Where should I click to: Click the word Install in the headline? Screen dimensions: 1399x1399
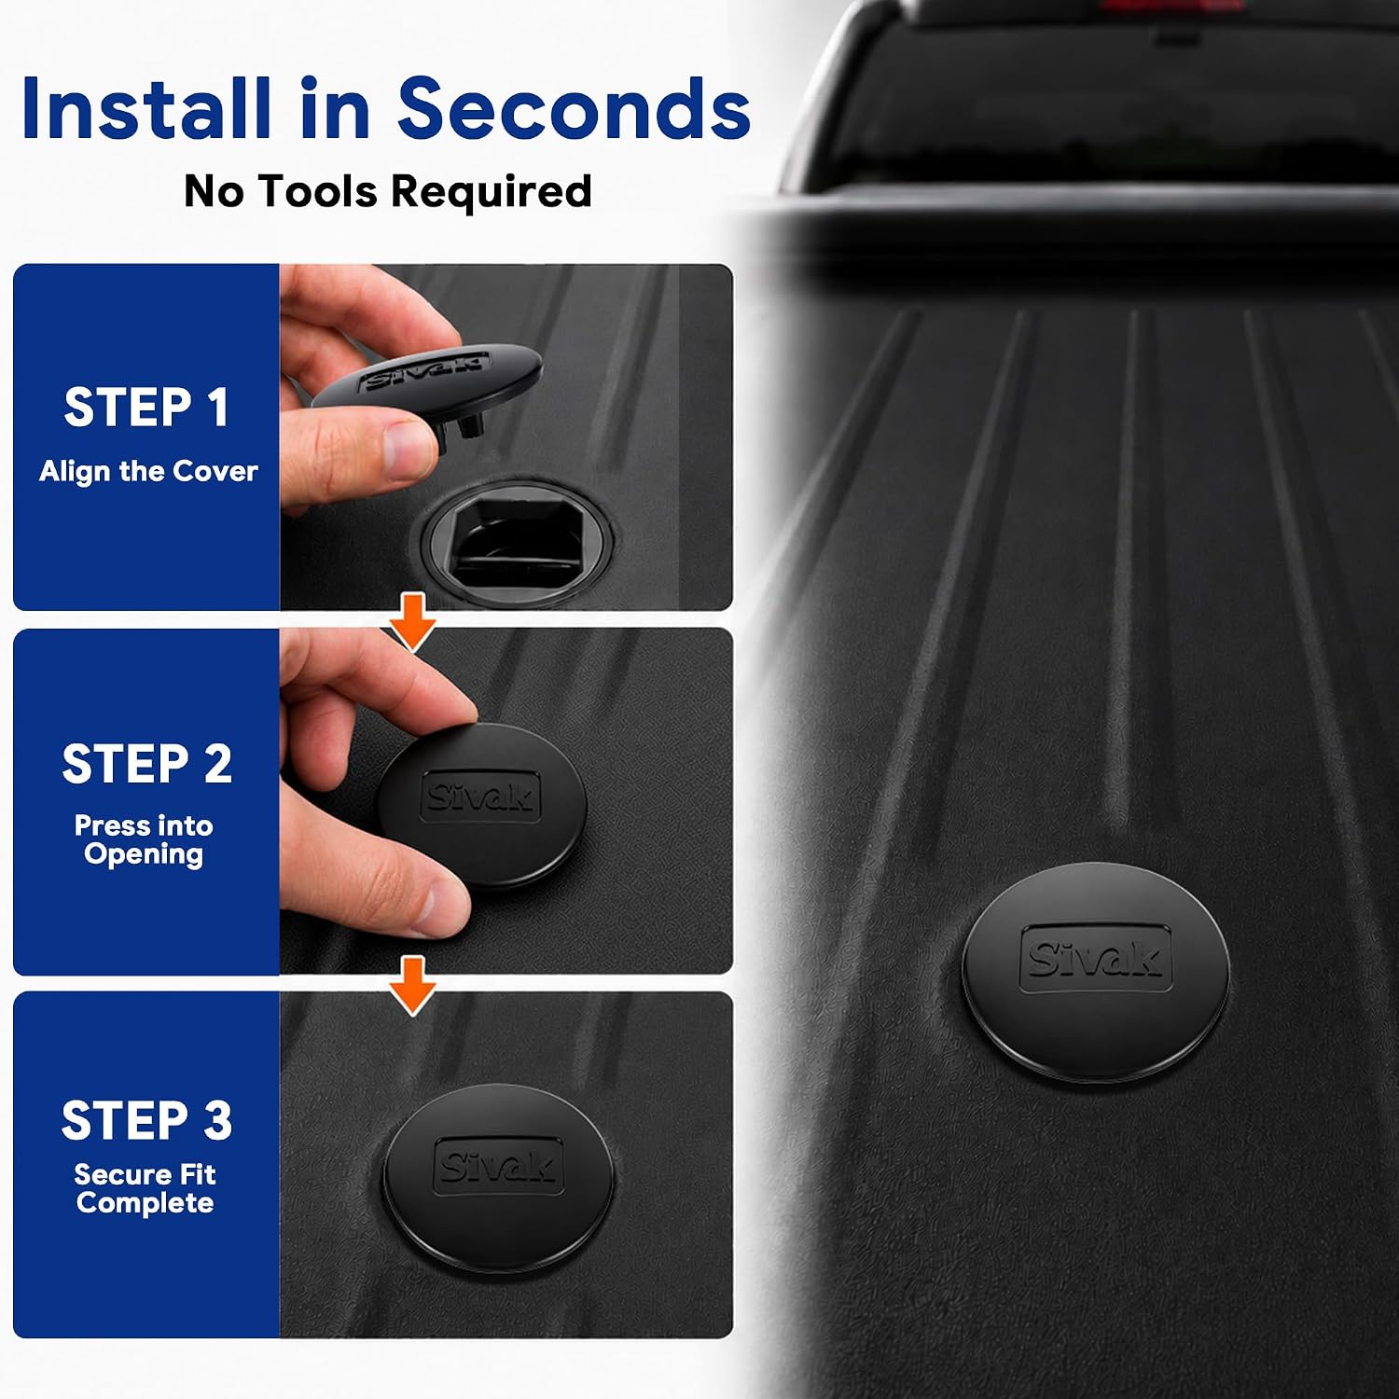[148, 109]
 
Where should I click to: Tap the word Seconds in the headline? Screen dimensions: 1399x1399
[574, 109]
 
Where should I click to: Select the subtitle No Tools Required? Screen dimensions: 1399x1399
[388, 192]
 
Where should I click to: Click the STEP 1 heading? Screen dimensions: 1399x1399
[146, 408]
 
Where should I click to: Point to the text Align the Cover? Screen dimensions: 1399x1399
[148, 472]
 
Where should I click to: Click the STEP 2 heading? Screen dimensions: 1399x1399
[146, 765]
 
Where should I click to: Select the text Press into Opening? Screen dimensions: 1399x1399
[144, 840]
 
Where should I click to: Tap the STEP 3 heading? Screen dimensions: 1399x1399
[146, 1121]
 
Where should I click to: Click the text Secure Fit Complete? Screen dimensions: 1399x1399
[145, 1188]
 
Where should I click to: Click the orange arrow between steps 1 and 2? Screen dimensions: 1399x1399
[412, 620]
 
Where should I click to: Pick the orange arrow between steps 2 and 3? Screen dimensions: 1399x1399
[412, 985]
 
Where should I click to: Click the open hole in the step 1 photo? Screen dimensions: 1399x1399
[516, 535]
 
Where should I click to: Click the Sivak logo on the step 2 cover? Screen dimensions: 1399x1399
[480, 796]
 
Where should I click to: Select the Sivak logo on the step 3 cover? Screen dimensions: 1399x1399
[499, 1165]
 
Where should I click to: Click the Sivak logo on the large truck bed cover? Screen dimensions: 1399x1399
[1096, 958]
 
